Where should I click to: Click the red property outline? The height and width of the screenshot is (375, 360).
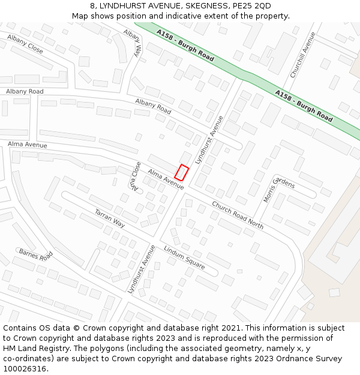click(x=182, y=172)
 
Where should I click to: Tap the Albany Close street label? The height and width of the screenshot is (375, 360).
click(x=25, y=44)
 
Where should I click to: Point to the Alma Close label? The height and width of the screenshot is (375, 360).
click(x=136, y=176)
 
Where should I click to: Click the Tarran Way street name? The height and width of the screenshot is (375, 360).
click(x=110, y=218)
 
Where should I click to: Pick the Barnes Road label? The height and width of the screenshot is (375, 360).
click(x=36, y=257)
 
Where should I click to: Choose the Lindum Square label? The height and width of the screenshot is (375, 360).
click(x=184, y=257)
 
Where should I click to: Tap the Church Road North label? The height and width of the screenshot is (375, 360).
click(x=238, y=215)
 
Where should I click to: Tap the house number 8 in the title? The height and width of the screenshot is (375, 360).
click(x=93, y=6)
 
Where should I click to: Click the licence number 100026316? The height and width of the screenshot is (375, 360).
click(x=25, y=369)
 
